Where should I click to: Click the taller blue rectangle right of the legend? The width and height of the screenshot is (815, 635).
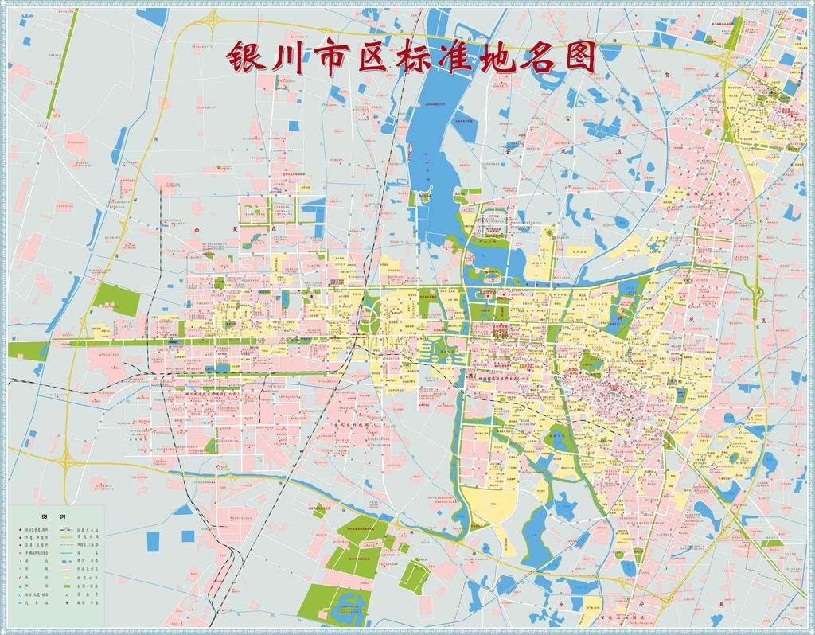coord(152,541)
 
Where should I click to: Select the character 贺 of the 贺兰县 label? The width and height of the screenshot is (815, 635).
coord(664,75)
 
